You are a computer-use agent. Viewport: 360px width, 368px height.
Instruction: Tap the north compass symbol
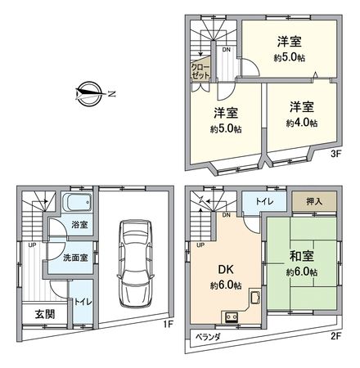[x=90, y=92]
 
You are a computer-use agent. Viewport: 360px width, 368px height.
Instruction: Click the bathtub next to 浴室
[x=79, y=204]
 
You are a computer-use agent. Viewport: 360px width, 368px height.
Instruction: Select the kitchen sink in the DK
[x=254, y=300]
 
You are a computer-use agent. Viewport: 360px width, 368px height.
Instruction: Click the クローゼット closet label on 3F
[x=200, y=70]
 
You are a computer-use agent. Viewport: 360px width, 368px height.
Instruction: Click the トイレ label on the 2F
[x=264, y=200]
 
